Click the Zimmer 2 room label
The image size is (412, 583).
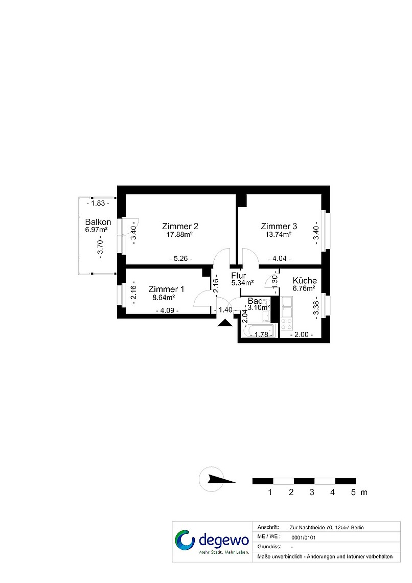tap(180, 226)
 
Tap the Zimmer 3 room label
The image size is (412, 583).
tap(279, 226)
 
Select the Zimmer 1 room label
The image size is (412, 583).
tap(166, 289)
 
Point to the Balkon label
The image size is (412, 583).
tap(98, 222)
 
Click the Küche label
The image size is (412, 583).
tap(305, 280)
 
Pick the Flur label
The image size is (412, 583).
tap(239, 276)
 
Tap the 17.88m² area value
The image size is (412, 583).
tap(179, 234)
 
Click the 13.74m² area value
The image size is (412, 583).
tap(278, 234)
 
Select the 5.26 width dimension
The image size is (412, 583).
tap(181, 258)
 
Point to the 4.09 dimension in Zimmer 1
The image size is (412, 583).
tap(168, 310)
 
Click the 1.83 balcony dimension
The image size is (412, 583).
tap(98, 203)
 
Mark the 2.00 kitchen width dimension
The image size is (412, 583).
tap(301, 334)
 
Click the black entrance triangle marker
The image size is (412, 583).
tap(225, 323)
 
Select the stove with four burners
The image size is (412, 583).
tap(286, 324)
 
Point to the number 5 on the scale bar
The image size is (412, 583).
tap(353, 492)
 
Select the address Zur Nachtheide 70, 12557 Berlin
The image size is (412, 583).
tap(327, 527)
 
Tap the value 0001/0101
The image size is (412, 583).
tap(304, 537)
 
